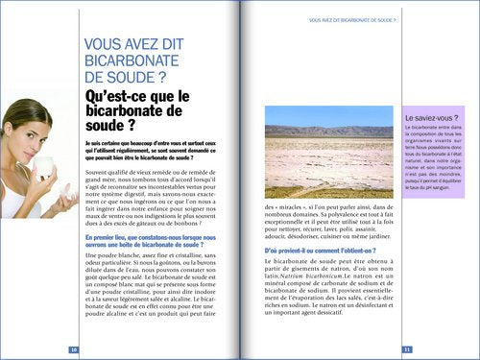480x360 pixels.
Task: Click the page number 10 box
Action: click(74, 348)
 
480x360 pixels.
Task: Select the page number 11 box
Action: click(407, 348)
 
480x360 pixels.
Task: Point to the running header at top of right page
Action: click(353, 19)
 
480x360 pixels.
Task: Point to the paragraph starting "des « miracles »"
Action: click(327, 222)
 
